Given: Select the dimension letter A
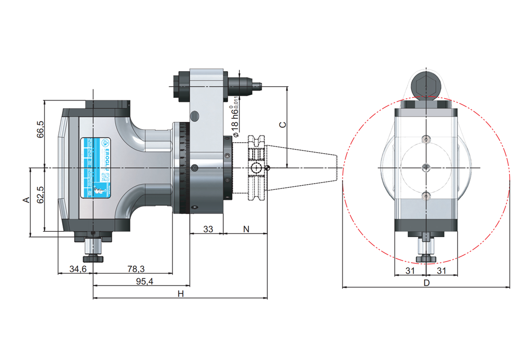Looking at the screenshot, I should click(x=24, y=200).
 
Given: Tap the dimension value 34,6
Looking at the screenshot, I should click(x=77, y=269).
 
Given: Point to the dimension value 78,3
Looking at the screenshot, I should click(x=135, y=269).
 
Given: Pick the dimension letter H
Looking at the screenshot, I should click(x=181, y=294).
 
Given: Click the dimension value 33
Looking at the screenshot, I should click(x=208, y=229).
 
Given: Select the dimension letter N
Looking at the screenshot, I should click(x=246, y=229).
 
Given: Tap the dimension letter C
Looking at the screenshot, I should click(x=282, y=124).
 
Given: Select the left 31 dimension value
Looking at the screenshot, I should click(x=410, y=270).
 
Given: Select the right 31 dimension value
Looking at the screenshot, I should click(x=442, y=270).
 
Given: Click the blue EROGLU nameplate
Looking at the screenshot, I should click(x=96, y=168).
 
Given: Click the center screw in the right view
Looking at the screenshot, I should click(x=426, y=167).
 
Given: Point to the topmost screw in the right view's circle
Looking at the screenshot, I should click(x=426, y=139).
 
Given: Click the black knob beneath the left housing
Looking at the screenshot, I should click(x=93, y=258).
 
